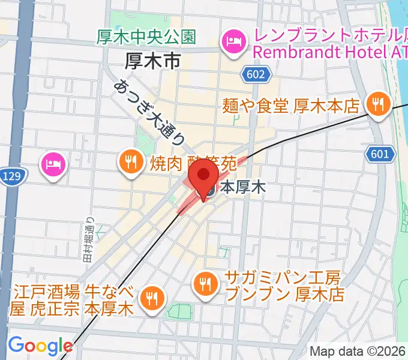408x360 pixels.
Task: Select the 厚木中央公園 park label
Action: pyautogui.click(x=146, y=37)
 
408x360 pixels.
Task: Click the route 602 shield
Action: pyautogui.click(x=252, y=74)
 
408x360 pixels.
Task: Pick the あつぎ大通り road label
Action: pyautogui.click(x=149, y=113)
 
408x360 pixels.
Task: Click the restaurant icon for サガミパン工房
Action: pyautogui.click(x=206, y=283)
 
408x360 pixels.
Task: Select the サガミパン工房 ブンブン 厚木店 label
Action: pyautogui.click(x=283, y=287)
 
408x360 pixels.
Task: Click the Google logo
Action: pyautogui.click(x=40, y=346)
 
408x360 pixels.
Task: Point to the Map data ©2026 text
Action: pyautogui.click(x=356, y=352)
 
